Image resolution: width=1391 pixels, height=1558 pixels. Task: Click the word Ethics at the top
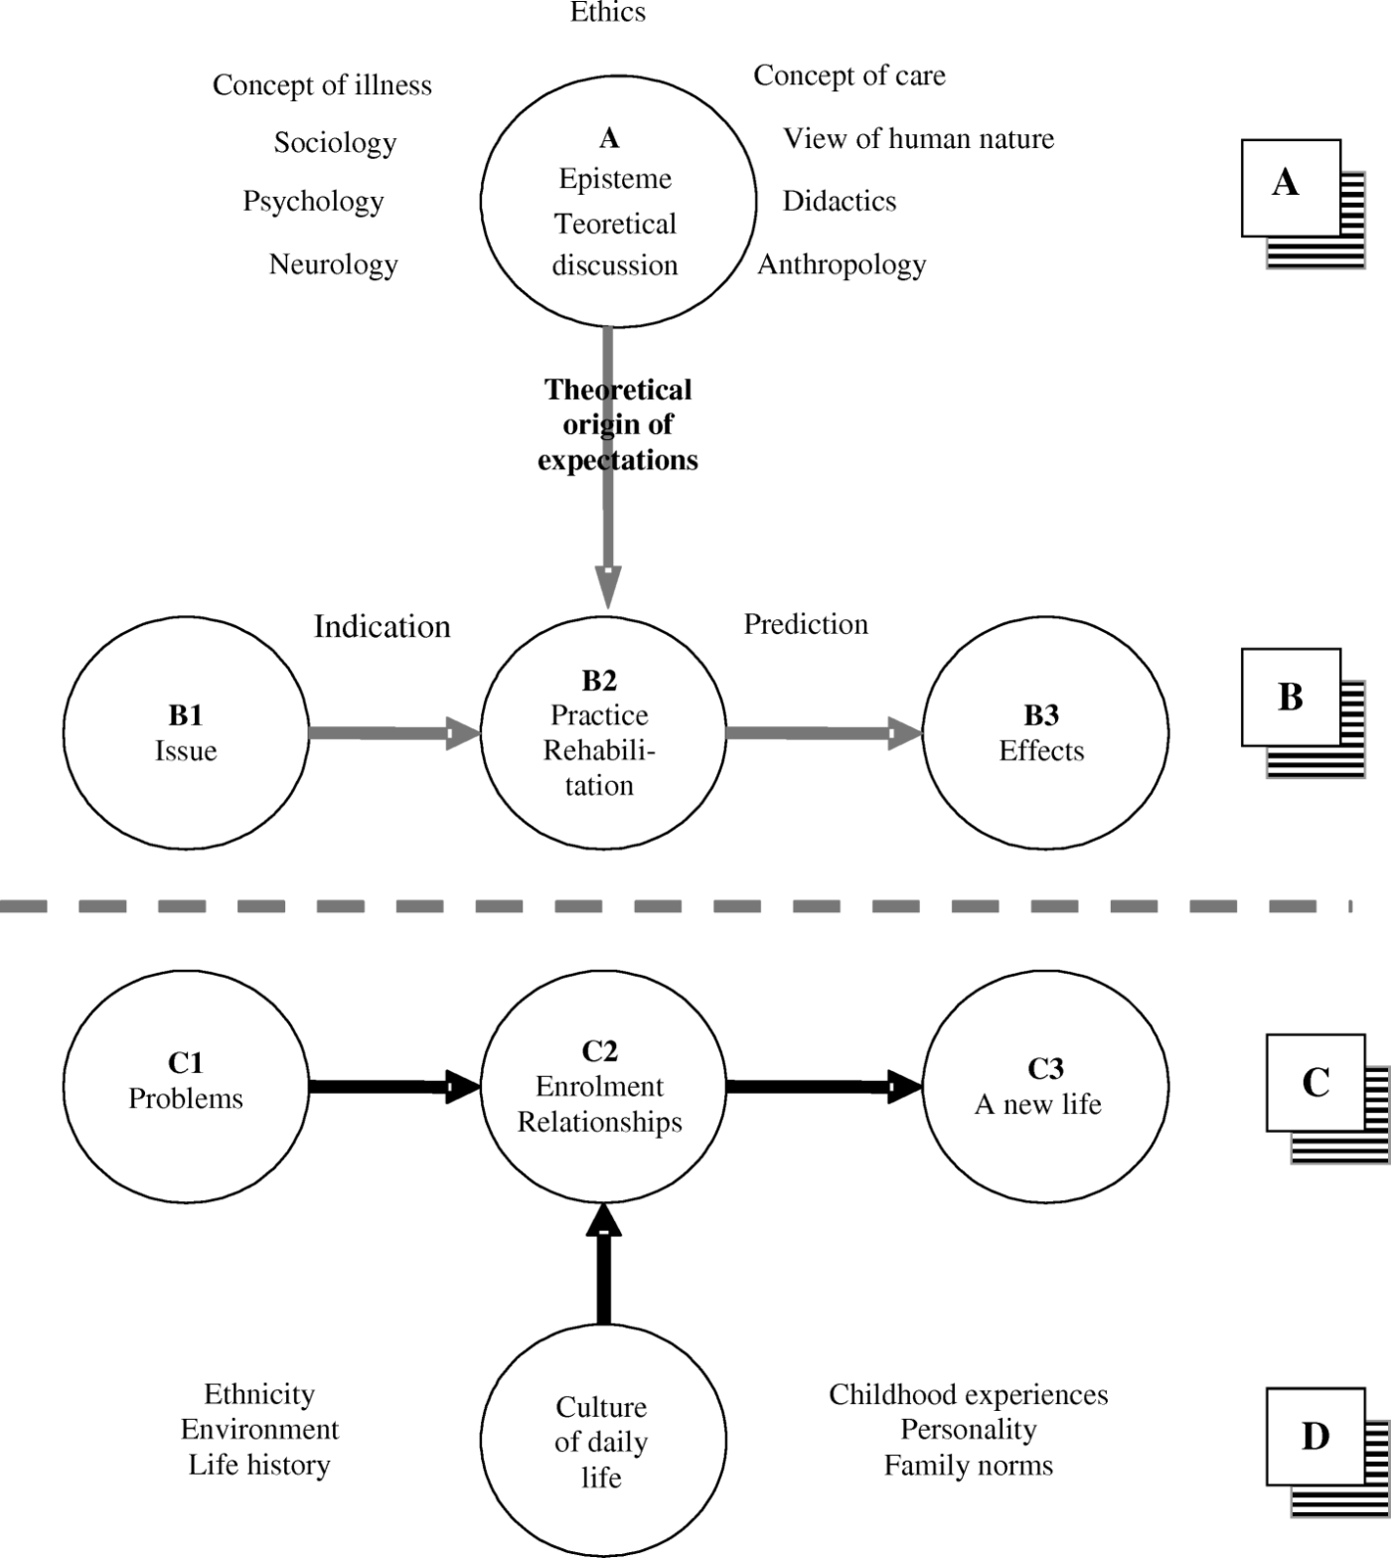pyautogui.click(x=608, y=12)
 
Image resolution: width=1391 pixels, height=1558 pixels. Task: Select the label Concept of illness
pyautogui.click(x=322, y=85)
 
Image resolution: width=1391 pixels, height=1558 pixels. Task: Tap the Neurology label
pyautogui.click(x=333, y=264)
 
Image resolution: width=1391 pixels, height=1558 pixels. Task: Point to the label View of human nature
pyautogui.click(x=918, y=138)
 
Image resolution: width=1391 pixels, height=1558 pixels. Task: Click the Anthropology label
pyautogui.click(x=842, y=264)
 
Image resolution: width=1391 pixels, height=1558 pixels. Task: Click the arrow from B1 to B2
pyautogui.click(x=395, y=733)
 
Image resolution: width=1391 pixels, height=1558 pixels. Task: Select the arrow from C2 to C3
pyautogui.click(x=825, y=1087)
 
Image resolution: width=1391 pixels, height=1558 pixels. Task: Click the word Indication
pyautogui.click(x=382, y=626)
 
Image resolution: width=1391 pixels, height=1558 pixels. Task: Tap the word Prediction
pyautogui.click(x=806, y=624)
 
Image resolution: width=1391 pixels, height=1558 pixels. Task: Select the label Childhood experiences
pyautogui.click(x=968, y=1395)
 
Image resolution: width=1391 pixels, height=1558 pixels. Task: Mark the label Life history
pyautogui.click(x=259, y=1466)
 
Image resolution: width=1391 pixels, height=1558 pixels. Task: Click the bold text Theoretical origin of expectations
pyautogui.click(x=618, y=424)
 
